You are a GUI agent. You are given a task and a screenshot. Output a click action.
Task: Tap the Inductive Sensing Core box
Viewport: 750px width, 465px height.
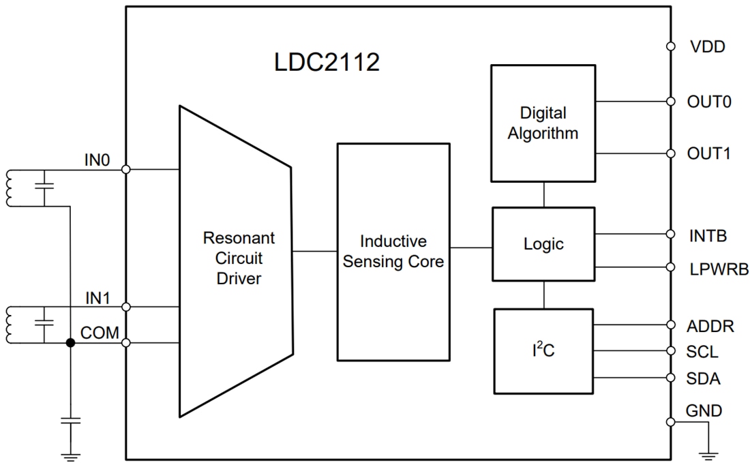pos(393,252)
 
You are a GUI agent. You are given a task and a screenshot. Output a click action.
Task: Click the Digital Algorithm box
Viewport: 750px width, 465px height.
pos(543,123)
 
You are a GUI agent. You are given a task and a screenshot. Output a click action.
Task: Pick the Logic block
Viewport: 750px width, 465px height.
pos(543,244)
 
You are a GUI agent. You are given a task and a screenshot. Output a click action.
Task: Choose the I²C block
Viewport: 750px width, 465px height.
pos(543,351)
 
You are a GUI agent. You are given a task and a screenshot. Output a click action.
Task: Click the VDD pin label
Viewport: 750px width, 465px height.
pos(706,47)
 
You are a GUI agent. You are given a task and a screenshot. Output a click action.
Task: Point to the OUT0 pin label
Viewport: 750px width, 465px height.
pos(709,102)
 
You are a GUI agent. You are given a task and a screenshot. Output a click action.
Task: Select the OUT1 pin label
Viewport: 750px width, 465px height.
pos(709,153)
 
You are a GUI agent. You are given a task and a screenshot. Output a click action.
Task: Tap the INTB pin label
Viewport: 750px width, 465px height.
pos(708,236)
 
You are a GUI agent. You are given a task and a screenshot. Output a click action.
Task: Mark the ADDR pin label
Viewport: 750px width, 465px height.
pos(710,326)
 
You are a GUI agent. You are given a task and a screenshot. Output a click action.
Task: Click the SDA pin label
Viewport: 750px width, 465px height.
pos(704,378)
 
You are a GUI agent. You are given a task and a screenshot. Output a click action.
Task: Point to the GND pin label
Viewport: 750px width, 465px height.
pos(704,410)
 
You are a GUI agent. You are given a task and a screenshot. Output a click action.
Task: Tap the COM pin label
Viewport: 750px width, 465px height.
pos(100,332)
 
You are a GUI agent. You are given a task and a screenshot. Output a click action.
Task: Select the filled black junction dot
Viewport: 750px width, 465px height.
pos(70,344)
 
